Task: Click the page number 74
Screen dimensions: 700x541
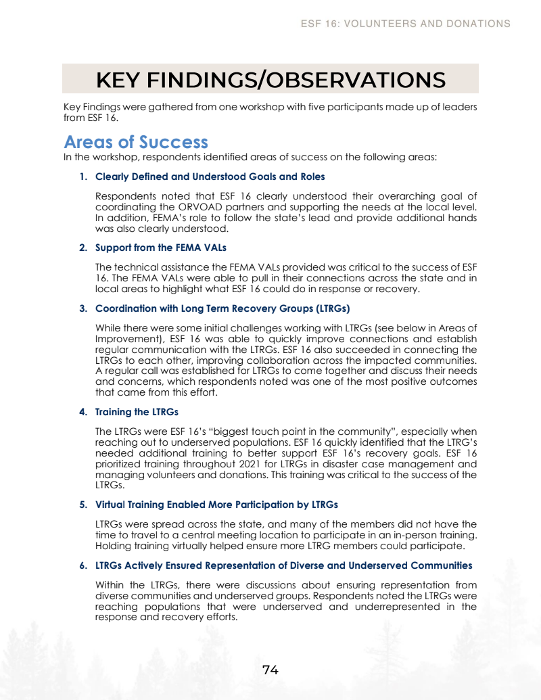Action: click(x=270, y=670)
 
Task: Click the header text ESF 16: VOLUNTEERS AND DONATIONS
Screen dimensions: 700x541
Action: click(x=406, y=24)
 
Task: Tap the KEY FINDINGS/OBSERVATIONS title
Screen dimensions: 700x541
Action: click(x=270, y=79)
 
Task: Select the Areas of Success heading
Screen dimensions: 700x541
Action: click(x=136, y=142)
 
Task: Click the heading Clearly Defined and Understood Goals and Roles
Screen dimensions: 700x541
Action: click(x=210, y=177)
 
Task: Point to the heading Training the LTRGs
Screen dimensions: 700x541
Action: click(x=137, y=411)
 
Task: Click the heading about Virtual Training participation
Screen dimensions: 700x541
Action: click(x=216, y=505)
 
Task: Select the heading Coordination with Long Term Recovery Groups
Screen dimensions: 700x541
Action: click(x=222, y=308)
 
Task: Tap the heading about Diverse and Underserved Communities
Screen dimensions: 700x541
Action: click(x=283, y=565)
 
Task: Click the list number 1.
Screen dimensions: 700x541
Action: click(x=83, y=177)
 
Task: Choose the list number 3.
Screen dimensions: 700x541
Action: click(x=83, y=308)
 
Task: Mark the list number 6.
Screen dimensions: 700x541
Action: click(x=83, y=565)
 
